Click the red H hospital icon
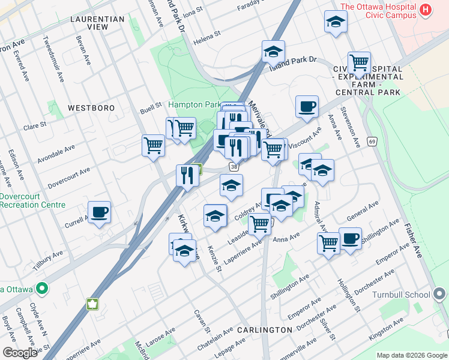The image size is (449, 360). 426,10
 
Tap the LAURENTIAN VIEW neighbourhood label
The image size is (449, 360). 97,23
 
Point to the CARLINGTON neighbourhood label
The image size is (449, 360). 264,330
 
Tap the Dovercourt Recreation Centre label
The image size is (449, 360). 32,200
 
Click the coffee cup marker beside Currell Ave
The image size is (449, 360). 100,212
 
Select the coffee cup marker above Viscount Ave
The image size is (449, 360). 307,107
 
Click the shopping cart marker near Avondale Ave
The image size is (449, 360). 154,145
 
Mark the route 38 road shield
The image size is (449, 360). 234,166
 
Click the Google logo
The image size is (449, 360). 19,353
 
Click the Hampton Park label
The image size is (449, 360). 194,104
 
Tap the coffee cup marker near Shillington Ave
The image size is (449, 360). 350,238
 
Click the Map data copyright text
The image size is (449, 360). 411,355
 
